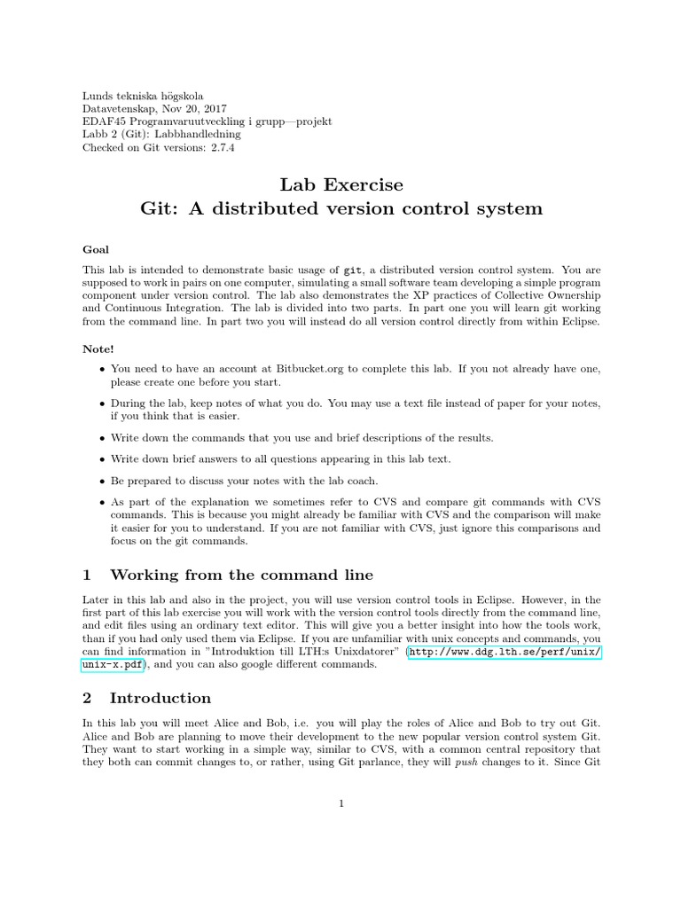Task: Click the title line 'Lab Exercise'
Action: click(x=341, y=184)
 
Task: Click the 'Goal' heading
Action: click(x=96, y=250)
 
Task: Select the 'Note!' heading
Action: click(x=98, y=349)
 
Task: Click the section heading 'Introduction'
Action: click(x=160, y=697)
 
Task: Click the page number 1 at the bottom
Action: click(x=340, y=803)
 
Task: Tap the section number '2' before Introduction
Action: click(x=87, y=697)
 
